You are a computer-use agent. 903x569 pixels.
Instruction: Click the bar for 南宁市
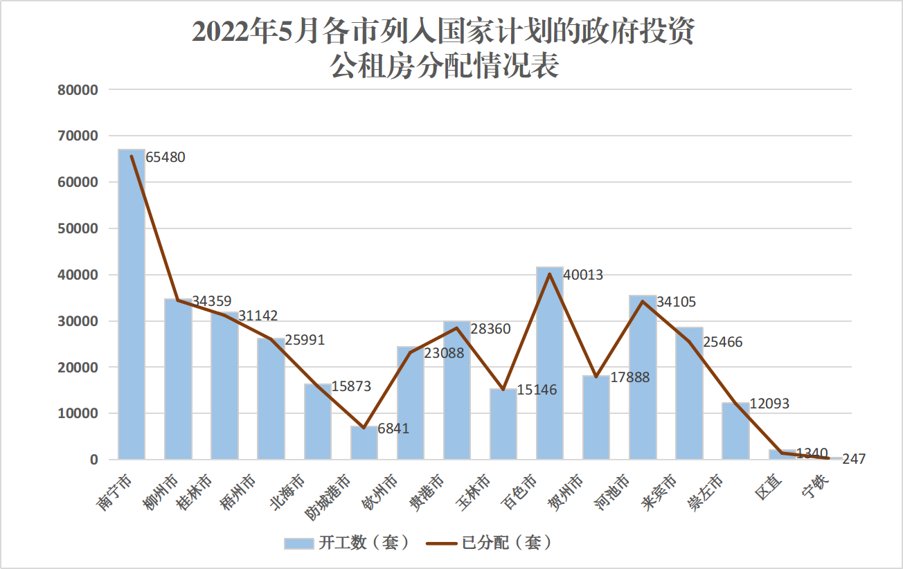coord(132,305)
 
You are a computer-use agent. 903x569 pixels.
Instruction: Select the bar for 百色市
coord(550,363)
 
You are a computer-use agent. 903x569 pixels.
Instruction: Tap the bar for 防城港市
coord(364,443)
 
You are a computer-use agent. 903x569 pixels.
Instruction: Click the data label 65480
coord(166,157)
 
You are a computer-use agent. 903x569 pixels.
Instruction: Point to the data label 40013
coord(584,275)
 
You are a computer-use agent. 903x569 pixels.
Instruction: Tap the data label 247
coord(854,459)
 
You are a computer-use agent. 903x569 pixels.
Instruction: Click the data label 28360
coord(491,329)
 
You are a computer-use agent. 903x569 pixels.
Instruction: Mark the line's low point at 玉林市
coord(503,390)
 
